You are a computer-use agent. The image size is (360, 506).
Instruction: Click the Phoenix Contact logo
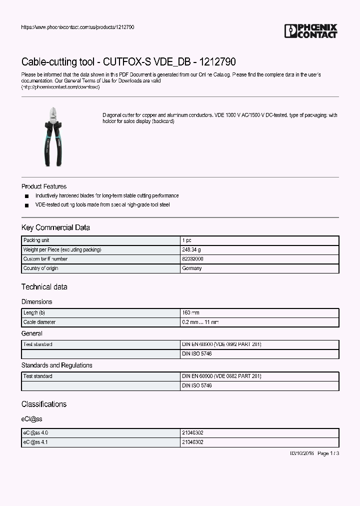[x=310, y=31]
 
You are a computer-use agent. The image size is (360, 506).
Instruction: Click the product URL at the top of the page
[x=77, y=27]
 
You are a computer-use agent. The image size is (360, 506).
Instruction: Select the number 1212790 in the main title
[x=217, y=62]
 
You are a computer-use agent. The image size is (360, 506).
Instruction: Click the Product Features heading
[x=44, y=186]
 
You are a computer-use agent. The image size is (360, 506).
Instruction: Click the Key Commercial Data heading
[x=55, y=227]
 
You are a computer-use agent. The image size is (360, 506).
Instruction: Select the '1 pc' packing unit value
[x=186, y=240]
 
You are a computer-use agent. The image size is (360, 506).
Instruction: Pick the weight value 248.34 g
[x=191, y=249]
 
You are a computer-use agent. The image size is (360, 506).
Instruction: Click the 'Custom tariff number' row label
[x=45, y=259]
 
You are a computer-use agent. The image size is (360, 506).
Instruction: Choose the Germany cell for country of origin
[x=192, y=268]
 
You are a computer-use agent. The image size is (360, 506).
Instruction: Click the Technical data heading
[x=44, y=287]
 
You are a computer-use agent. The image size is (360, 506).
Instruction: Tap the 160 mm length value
[x=190, y=312]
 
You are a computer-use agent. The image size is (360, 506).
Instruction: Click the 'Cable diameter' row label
[x=39, y=322]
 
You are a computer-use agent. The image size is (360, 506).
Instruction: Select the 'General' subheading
[x=32, y=333]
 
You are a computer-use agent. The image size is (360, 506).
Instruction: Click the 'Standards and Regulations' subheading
[x=56, y=365]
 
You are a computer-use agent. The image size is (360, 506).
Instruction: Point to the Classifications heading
[x=44, y=404]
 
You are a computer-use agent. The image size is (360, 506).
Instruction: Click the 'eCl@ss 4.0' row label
[x=35, y=433]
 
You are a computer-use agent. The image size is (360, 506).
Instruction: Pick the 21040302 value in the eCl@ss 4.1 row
[x=192, y=442]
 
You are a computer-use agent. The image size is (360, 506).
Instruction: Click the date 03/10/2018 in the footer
[x=302, y=453]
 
